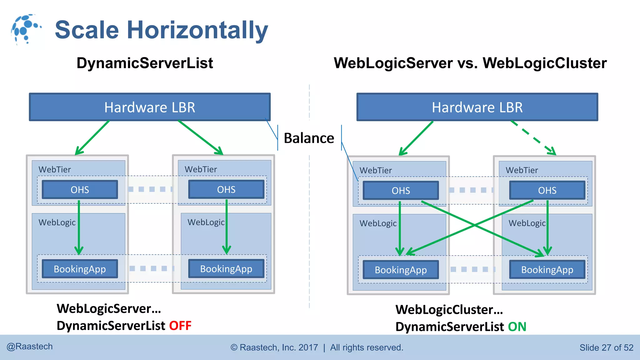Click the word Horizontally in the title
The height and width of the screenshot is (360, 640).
197,30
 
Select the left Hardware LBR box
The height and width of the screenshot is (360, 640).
150,107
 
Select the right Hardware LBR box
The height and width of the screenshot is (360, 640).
477,107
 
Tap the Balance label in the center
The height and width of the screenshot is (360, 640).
309,138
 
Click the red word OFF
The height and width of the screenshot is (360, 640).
180,326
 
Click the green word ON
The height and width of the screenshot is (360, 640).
517,327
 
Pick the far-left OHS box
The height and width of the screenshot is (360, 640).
80,190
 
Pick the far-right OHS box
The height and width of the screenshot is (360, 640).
547,190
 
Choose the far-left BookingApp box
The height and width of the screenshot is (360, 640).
80,269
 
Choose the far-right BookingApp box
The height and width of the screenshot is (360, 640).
547,270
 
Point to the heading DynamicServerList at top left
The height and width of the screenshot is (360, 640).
145,63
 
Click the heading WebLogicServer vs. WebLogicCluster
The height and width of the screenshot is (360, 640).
470,63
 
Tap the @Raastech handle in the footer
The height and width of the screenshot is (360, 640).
30,347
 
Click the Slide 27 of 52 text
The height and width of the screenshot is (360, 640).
606,347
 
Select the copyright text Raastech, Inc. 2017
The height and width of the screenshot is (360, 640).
278,347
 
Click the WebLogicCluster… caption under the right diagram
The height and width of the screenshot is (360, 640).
449,310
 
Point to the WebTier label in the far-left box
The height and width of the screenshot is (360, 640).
55,169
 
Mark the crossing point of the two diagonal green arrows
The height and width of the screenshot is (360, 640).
475,225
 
